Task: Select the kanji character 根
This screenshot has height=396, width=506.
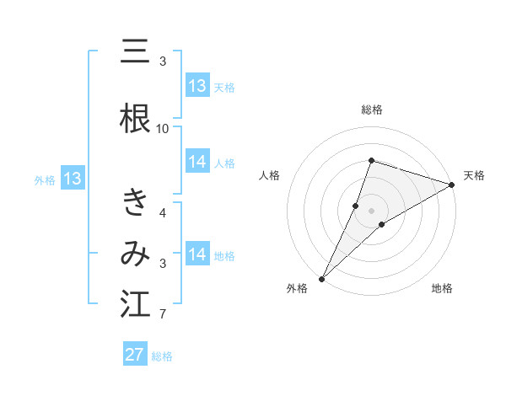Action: pyautogui.click(x=135, y=117)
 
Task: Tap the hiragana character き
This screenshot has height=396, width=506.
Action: pyautogui.click(x=135, y=203)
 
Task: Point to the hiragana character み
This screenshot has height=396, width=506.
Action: pyautogui.click(x=135, y=254)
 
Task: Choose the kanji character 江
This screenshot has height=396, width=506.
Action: pyautogui.click(x=135, y=304)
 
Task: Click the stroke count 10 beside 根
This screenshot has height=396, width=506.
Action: pyautogui.click(x=163, y=128)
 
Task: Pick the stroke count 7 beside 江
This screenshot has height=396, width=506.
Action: pyautogui.click(x=163, y=315)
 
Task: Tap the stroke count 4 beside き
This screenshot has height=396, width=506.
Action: pyautogui.click(x=163, y=212)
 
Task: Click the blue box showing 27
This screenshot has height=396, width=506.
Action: pyautogui.click(x=135, y=355)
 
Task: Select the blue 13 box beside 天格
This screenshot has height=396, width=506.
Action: pyautogui.click(x=197, y=86)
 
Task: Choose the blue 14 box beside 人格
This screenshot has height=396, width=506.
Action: pyautogui.click(x=197, y=162)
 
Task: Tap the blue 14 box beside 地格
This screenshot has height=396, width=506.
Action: pyautogui.click(x=197, y=254)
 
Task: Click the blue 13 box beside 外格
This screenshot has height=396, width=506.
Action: pyautogui.click(x=72, y=179)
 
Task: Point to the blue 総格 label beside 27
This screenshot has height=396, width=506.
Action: pyautogui.click(x=162, y=356)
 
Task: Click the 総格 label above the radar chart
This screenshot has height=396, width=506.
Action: pyautogui.click(x=372, y=110)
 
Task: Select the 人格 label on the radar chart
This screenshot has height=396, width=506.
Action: pyautogui.click(x=270, y=175)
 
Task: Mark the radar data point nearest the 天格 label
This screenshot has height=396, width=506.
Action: pyautogui.click(x=451, y=185)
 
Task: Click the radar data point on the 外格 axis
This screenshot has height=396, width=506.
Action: pyautogui.click(x=321, y=279)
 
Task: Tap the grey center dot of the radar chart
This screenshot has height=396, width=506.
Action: pyautogui.click(x=372, y=210)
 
